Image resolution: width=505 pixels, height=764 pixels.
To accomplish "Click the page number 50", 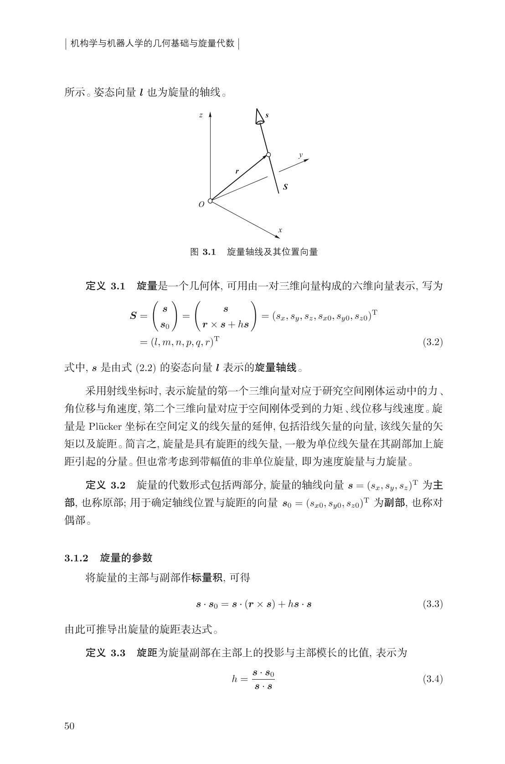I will pyautogui.click(x=69, y=726).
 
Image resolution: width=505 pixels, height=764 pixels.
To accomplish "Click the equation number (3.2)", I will pyautogui.click(x=433, y=342).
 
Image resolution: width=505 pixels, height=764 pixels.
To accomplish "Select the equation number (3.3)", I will pyautogui.click(x=433, y=604).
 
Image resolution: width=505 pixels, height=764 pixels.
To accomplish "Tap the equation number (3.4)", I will pyautogui.click(x=433, y=679).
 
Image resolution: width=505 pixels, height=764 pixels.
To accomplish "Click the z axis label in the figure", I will pyautogui.click(x=201, y=115).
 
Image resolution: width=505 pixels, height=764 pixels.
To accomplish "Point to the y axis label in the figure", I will pyautogui.click(x=301, y=155).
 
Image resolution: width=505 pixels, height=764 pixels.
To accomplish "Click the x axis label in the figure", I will pyautogui.click(x=280, y=230).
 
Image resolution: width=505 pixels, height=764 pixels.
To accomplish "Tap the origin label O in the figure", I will pyautogui.click(x=201, y=205).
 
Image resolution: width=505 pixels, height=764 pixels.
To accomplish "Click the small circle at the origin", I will pyautogui.click(x=210, y=201).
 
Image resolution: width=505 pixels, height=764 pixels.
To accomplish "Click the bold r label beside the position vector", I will pyautogui.click(x=237, y=172).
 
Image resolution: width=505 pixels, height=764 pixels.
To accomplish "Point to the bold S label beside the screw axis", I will pyautogui.click(x=285, y=187).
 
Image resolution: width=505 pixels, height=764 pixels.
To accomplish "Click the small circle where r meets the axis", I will pyautogui.click(x=268, y=155).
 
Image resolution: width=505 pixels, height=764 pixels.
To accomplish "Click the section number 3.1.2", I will pyautogui.click(x=76, y=557).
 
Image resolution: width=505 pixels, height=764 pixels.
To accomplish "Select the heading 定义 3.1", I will pyautogui.click(x=105, y=286).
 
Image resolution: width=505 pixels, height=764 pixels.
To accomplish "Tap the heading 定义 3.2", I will pyautogui.click(x=105, y=484).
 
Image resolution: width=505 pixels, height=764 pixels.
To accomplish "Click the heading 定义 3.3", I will pyautogui.click(x=105, y=653).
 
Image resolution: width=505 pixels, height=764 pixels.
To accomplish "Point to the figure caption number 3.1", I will pyautogui.click(x=209, y=251).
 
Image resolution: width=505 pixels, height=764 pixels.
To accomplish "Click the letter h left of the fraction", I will pyautogui.click(x=235, y=679).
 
